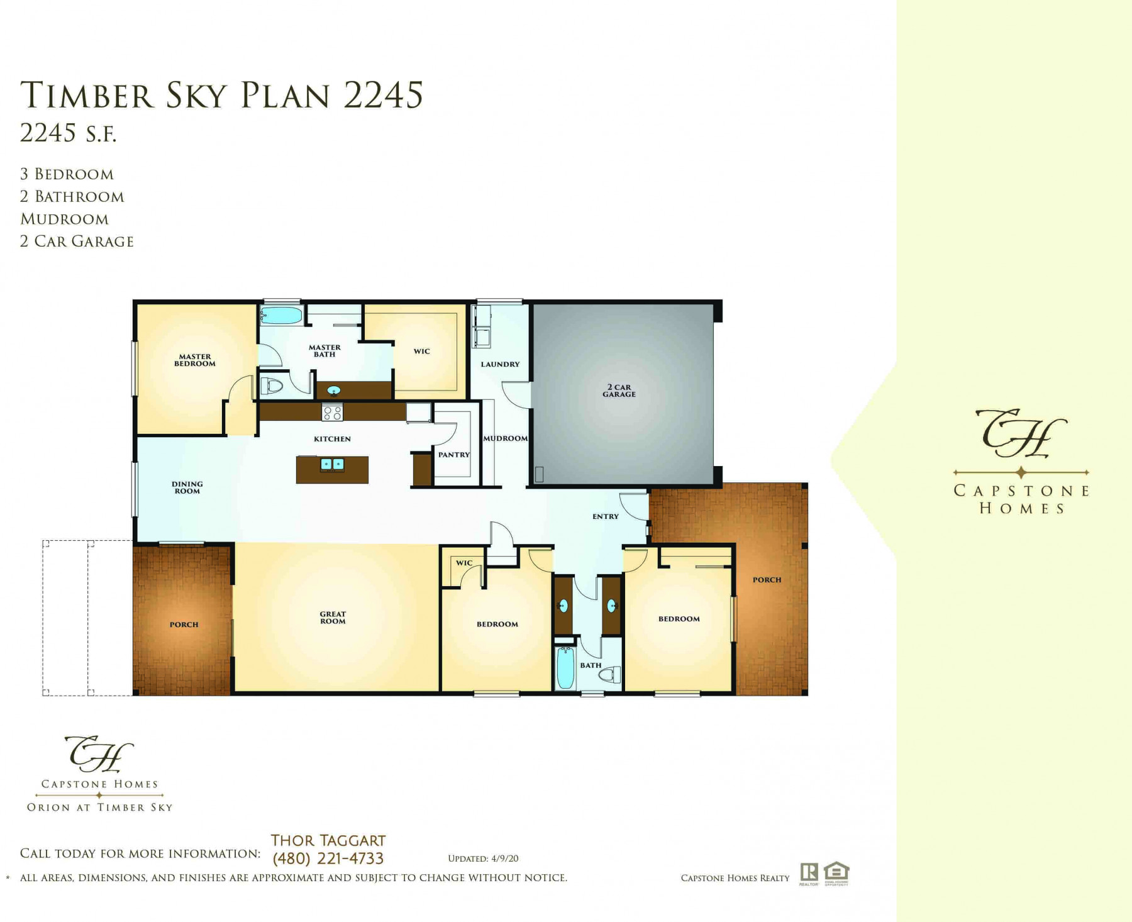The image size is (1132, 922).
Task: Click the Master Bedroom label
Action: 195,360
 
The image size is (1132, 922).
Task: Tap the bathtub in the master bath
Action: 281,315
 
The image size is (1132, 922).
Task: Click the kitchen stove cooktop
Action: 333,413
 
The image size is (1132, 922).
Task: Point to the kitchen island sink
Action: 332,465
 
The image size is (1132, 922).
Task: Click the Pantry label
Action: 454,455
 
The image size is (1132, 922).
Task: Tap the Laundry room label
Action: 501,364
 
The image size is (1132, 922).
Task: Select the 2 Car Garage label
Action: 619,391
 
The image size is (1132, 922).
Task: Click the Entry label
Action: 606,516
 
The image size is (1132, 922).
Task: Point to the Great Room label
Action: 333,618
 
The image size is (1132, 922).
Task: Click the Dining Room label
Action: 187,487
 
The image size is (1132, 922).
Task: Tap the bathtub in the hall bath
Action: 565,669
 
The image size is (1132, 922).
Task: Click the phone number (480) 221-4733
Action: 328,858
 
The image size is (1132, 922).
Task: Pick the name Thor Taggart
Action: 328,840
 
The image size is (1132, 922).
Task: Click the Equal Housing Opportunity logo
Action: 836,873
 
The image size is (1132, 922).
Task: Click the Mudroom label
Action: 506,438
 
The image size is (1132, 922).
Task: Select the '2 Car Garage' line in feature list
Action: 77,242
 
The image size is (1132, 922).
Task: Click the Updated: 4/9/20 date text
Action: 483,858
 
